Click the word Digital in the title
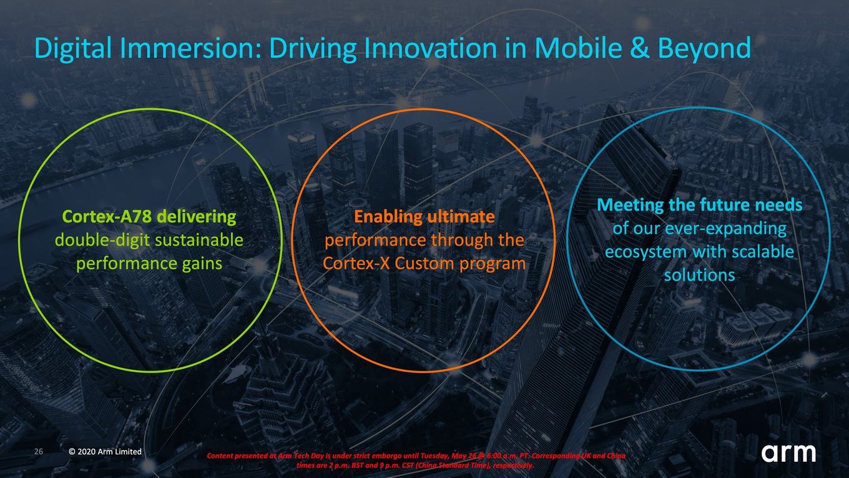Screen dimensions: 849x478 (x=73, y=49)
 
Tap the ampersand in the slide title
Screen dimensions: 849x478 (x=639, y=48)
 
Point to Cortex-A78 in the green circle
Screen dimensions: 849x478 (x=107, y=217)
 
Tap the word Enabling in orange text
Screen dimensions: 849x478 (x=388, y=217)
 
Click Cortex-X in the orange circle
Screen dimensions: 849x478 (x=356, y=264)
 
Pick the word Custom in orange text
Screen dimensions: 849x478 (x=424, y=264)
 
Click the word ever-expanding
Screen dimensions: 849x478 (x=726, y=229)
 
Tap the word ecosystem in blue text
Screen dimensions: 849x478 (x=646, y=252)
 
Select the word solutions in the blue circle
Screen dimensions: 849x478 (x=700, y=276)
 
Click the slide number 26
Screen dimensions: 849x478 (x=39, y=451)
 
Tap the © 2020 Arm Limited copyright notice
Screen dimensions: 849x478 (x=106, y=451)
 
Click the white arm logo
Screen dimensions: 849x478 (x=788, y=452)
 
